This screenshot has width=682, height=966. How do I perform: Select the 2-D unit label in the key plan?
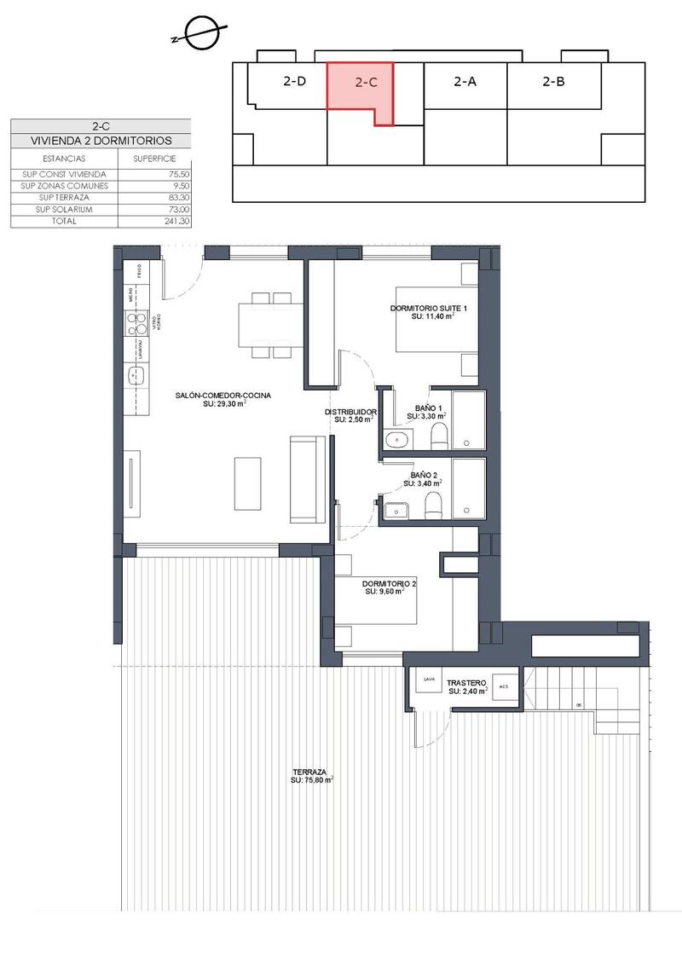295,82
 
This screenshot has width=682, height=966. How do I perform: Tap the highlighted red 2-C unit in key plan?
366,83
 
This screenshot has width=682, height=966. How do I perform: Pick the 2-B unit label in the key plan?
554,82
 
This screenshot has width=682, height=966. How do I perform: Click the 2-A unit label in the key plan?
465,82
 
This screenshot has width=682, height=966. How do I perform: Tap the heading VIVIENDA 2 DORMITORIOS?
101,141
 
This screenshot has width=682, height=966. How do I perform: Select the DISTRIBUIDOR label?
350,412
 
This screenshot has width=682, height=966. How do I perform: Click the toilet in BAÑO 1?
439,438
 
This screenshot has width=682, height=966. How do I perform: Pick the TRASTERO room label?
466,683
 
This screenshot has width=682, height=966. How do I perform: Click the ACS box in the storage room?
503,686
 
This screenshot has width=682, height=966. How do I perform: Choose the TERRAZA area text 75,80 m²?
311,779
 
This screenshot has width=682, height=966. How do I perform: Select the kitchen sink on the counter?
136,375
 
